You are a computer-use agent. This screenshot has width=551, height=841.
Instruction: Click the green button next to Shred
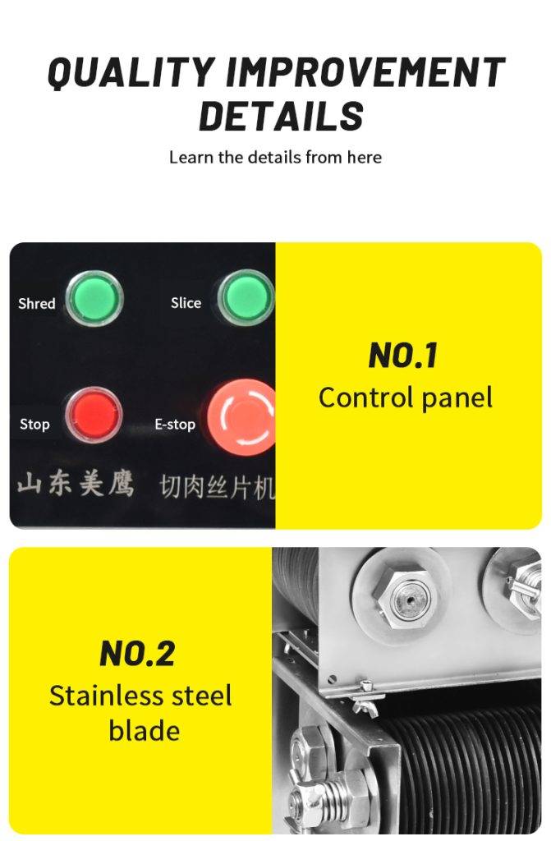(94, 298)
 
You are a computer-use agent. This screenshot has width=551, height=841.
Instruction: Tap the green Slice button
(246, 297)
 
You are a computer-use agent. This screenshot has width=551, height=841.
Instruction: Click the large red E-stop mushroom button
(242, 416)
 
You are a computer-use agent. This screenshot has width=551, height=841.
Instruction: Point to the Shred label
(36, 304)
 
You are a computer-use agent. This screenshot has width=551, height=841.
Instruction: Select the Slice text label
(186, 303)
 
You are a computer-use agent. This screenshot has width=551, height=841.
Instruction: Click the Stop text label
(34, 425)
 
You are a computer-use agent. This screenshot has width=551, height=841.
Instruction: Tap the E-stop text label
(175, 425)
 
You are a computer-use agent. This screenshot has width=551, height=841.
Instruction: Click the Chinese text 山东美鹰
(75, 483)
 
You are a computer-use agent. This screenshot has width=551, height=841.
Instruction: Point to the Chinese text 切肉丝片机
(218, 487)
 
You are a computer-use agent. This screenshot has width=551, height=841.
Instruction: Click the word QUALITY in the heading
(132, 72)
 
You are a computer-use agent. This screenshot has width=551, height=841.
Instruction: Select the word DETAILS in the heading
(281, 116)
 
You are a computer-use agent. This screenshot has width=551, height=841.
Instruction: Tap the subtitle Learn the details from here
(275, 157)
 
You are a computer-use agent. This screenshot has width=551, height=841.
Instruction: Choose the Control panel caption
(406, 398)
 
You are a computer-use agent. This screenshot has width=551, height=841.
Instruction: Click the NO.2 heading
(137, 653)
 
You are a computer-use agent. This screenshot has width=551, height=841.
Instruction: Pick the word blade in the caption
(145, 730)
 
